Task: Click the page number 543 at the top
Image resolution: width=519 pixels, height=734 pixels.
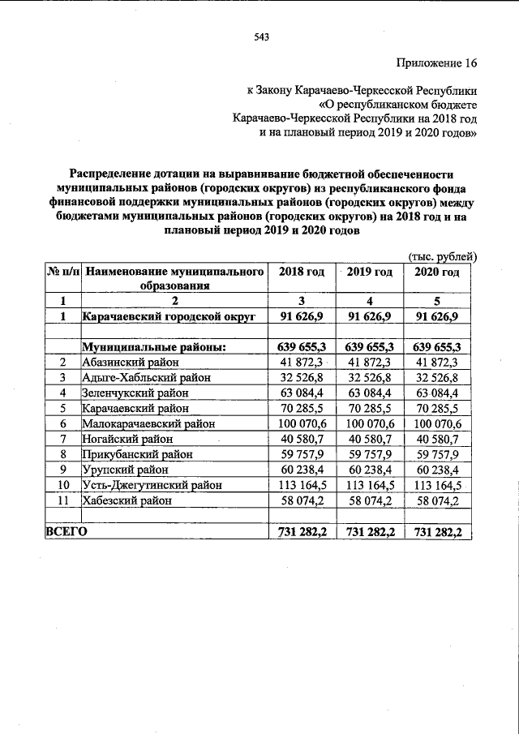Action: [x=260, y=36]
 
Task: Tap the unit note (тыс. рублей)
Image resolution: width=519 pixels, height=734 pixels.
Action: [x=443, y=257]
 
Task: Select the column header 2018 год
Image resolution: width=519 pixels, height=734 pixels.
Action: [x=301, y=272]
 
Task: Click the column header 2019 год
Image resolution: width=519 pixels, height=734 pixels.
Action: [x=370, y=272]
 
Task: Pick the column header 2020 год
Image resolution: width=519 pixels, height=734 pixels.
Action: [x=437, y=272]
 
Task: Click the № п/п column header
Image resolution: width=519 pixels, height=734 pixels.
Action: [x=62, y=272]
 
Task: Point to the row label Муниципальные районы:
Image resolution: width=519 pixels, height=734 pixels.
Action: [x=153, y=347]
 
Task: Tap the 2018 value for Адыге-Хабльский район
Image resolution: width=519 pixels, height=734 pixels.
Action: [x=301, y=378]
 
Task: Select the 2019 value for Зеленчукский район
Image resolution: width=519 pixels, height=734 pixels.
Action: [x=370, y=393]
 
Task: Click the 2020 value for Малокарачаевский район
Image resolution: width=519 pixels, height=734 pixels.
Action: [x=437, y=424]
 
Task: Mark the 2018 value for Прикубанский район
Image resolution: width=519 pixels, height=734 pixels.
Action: [x=301, y=454]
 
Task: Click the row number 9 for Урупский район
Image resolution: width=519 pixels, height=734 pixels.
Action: [x=62, y=470]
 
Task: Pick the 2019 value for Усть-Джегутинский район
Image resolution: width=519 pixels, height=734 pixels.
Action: [x=370, y=485]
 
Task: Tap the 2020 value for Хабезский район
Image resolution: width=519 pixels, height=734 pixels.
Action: [x=437, y=500]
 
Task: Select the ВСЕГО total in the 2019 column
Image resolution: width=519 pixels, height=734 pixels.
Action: [x=370, y=531]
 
